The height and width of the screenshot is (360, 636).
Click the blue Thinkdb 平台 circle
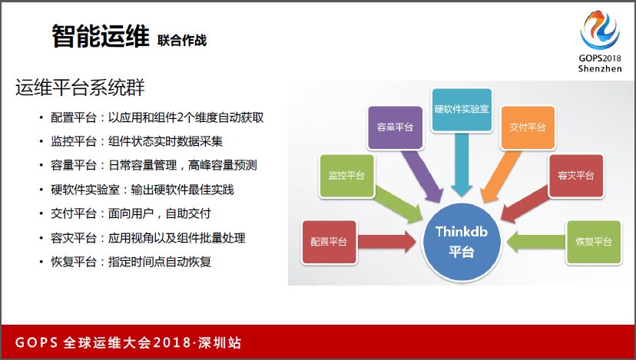click(461, 242)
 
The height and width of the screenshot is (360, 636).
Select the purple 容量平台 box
click(395, 127)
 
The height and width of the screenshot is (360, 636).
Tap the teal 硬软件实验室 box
click(462, 110)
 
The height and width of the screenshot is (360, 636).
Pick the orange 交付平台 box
click(528, 127)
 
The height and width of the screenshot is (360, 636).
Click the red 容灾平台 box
click(576, 176)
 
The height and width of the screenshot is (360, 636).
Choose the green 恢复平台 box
click(594, 243)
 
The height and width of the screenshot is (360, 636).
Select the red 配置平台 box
click(329, 243)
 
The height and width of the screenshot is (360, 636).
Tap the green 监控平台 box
click(346, 176)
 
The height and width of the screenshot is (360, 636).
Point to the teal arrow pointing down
click(462, 164)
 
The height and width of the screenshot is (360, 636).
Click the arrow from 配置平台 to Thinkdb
click(386, 242)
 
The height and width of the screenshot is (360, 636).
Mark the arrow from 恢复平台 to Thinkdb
click(536, 242)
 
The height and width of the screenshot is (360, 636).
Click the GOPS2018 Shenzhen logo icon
click(600, 31)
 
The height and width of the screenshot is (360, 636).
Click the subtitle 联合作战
click(182, 40)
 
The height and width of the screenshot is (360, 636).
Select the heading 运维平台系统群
click(80, 88)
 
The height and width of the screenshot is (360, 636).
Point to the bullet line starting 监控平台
click(137, 141)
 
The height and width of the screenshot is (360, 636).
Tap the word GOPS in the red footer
click(37, 342)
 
